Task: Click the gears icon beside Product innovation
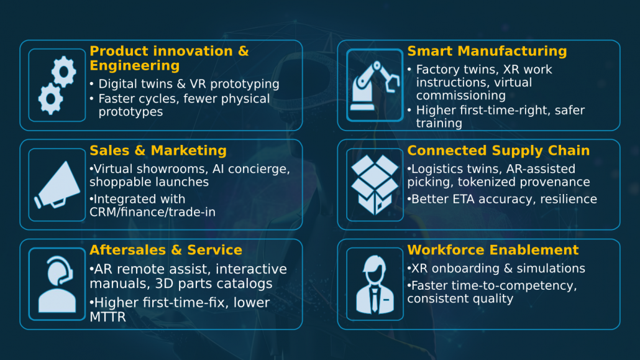tap(57, 85)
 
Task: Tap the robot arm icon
tap(375, 85)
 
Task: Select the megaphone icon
tap(57, 185)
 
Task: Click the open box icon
tap(375, 185)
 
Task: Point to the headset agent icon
tap(57, 284)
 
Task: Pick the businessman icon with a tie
tap(375, 284)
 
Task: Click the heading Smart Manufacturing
tap(487, 51)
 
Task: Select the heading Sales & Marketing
tap(158, 150)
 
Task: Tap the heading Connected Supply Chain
tap(498, 151)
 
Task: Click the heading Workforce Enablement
tap(493, 250)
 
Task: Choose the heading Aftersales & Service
tap(166, 250)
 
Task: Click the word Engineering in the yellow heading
tap(135, 66)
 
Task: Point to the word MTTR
tap(107, 316)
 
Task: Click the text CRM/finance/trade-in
tap(153, 212)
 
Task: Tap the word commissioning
tap(461, 96)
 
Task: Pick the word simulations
tap(551, 269)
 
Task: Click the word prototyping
tap(244, 84)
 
